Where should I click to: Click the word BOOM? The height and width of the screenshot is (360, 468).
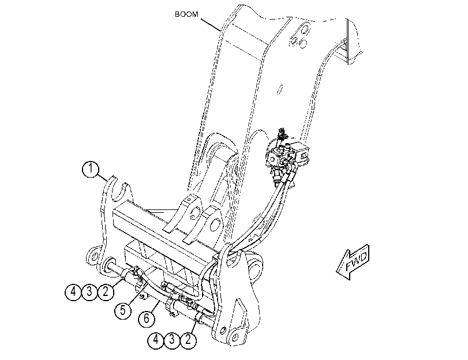coord(186,14)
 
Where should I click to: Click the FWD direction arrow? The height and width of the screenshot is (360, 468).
coord(353,262)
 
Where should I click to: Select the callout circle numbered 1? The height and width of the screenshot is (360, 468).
coord(91,169)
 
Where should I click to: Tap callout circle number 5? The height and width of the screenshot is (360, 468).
coord(123,310)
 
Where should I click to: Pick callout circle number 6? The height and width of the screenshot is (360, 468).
coord(147,318)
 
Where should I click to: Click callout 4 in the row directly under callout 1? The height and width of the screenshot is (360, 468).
coord(73,292)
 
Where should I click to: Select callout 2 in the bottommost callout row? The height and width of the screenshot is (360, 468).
coord(188,339)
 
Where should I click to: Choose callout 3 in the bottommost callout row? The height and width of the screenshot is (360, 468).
coord(172,339)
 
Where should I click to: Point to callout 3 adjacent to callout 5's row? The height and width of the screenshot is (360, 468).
coord(89,292)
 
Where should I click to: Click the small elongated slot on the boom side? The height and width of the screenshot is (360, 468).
coord(280,89)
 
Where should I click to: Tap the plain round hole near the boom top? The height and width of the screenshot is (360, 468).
coord(302,44)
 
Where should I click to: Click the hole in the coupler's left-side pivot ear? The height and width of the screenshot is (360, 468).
coord(93,256)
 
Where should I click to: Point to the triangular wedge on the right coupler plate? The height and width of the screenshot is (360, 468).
coord(241,312)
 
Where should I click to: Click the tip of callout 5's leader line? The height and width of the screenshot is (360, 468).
coord(148,282)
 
